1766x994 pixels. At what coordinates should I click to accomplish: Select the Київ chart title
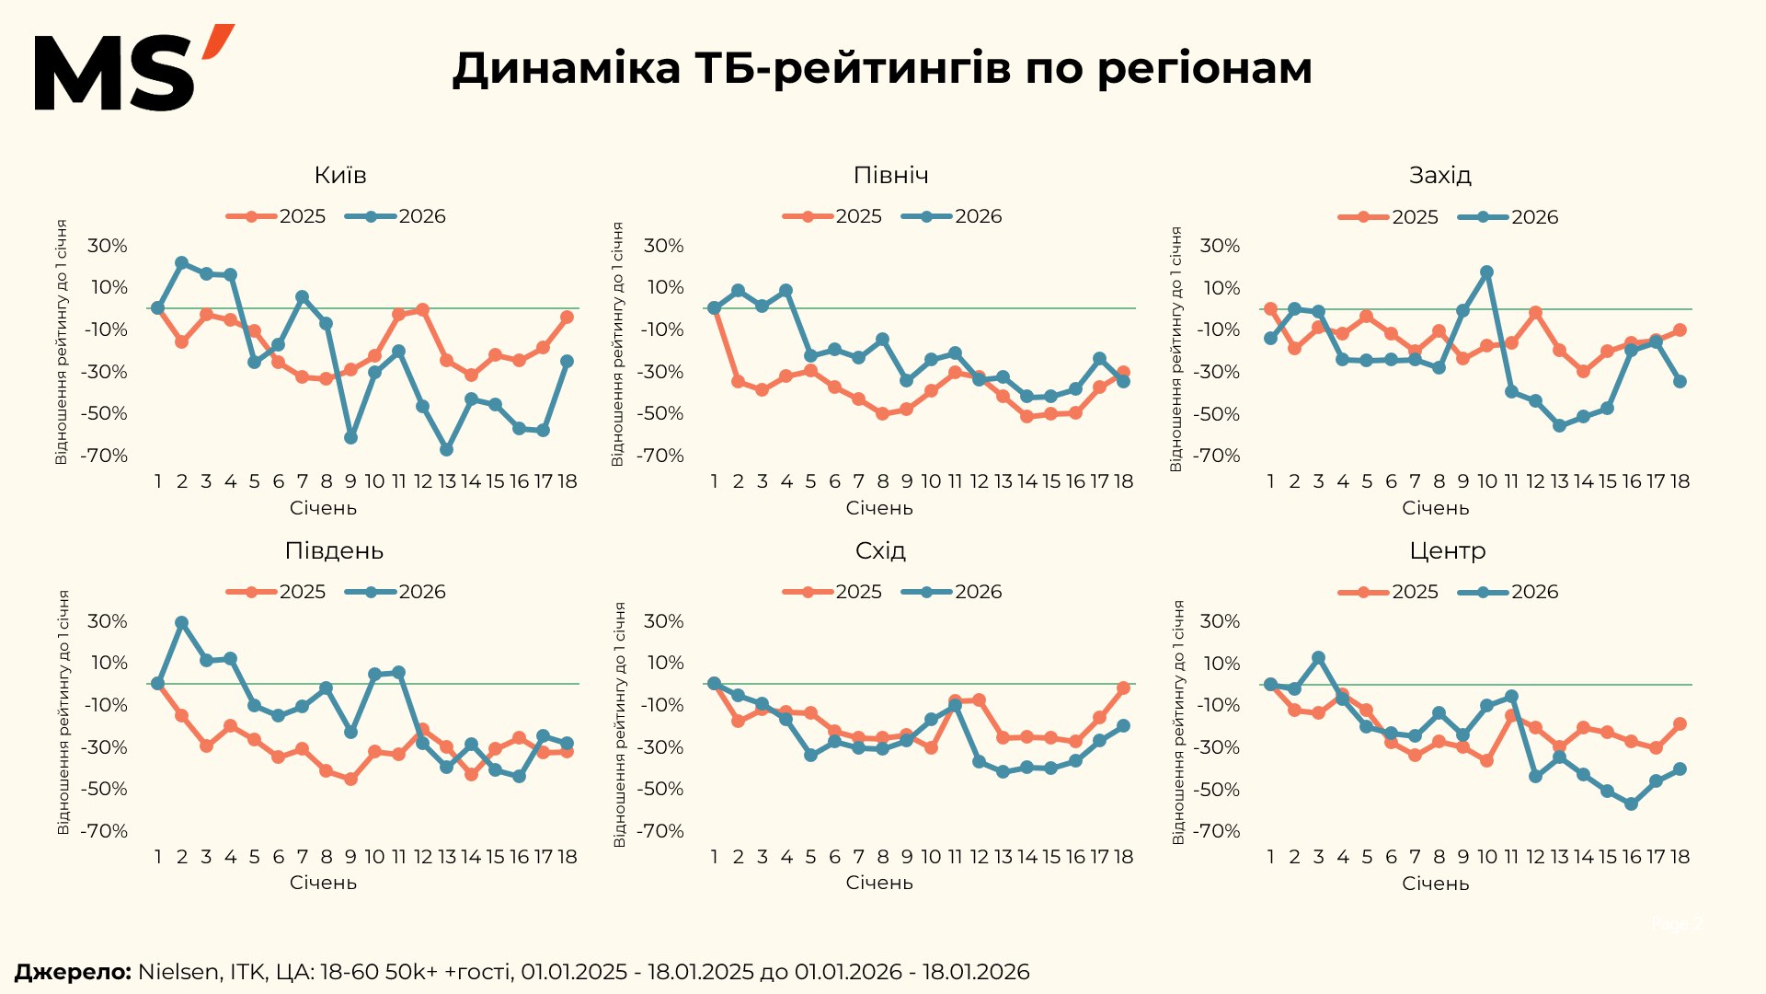340,175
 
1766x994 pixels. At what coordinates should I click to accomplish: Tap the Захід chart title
1440,175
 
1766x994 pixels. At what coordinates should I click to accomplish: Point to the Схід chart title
880,550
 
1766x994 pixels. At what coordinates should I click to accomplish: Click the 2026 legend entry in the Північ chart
952,216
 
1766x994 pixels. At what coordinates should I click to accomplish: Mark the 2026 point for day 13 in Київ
447,450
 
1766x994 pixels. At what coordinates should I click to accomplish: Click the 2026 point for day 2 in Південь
182,623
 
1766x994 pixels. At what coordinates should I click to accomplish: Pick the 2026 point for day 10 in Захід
1487,272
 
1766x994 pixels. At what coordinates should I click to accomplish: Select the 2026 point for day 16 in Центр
1632,804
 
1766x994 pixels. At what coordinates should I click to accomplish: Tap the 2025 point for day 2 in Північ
738,381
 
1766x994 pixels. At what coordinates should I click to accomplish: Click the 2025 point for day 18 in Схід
1123,688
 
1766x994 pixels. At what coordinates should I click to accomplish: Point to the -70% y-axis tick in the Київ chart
104,456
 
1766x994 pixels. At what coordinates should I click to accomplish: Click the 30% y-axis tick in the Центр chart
1220,621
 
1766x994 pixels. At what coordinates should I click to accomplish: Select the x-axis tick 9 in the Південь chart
350,857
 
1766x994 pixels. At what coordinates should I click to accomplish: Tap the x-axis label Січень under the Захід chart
1436,508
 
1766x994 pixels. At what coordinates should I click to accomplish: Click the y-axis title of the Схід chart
619,725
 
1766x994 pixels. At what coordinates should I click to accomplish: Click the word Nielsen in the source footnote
178,972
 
